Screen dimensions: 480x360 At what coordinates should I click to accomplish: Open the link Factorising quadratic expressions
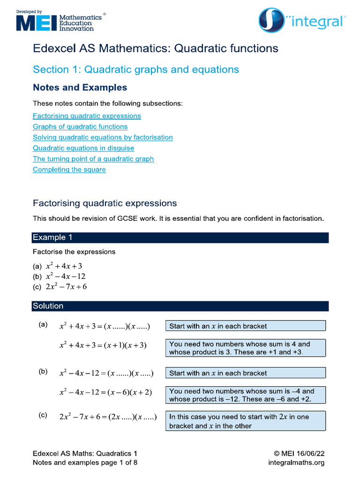click(87, 116)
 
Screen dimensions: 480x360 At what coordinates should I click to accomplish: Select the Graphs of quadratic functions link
click(80, 127)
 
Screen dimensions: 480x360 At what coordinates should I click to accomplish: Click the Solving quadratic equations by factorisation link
click(103, 137)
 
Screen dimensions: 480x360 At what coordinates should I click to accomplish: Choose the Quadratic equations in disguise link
click(83, 148)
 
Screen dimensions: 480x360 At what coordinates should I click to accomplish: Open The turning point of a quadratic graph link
click(93, 159)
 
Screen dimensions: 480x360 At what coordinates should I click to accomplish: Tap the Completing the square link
click(69, 170)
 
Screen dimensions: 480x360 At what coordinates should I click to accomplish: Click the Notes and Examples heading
click(80, 88)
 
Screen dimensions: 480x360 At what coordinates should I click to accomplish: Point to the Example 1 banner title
click(52, 238)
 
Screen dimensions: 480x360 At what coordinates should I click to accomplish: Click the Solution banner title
click(48, 306)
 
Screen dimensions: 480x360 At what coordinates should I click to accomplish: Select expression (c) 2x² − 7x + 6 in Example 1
click(67, 287)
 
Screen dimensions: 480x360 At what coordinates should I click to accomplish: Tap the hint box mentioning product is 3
click(246, 348)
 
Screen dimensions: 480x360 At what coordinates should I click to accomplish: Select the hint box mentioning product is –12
click(246, 395)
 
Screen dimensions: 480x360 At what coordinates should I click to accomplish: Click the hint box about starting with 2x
click(246, 421)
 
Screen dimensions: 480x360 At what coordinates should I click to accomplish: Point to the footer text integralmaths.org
click(296, 463)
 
